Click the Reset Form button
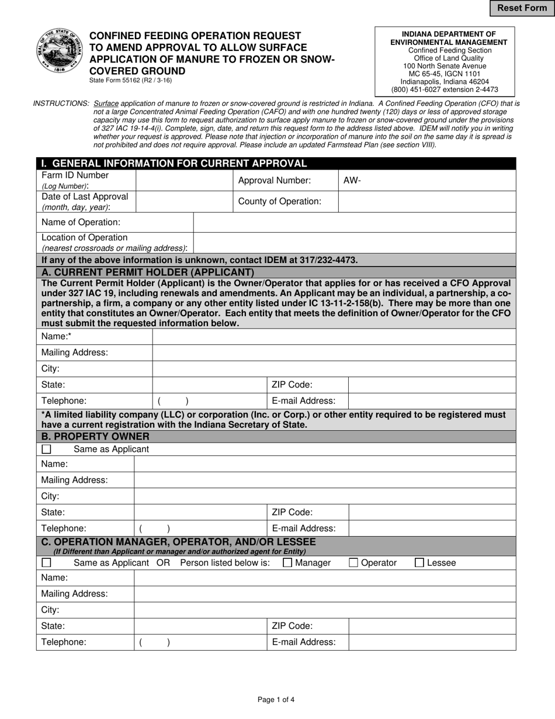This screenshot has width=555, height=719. coord(522,8)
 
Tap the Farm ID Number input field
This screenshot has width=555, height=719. coord(184,180)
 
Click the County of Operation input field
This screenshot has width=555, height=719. coord(426,201)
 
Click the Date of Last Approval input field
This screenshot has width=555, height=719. coord(184,201)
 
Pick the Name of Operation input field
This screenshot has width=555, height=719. coord(354,222)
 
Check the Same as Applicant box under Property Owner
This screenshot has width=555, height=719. coord(47,449)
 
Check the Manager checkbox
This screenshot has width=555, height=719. coord(287,562)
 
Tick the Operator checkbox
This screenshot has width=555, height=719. coord(353,562)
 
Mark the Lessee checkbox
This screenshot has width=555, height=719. coord(419,562)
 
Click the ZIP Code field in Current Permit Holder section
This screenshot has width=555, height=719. coord(432,385)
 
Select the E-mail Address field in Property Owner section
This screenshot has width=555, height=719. coord(432,528)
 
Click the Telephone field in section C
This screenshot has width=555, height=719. coord(200,642)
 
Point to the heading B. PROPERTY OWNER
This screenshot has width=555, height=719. coord(95,436)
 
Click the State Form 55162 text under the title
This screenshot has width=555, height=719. coord(130,81)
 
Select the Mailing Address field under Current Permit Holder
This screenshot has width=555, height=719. coord(334,352)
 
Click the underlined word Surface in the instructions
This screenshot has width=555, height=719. coord(106,103)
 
